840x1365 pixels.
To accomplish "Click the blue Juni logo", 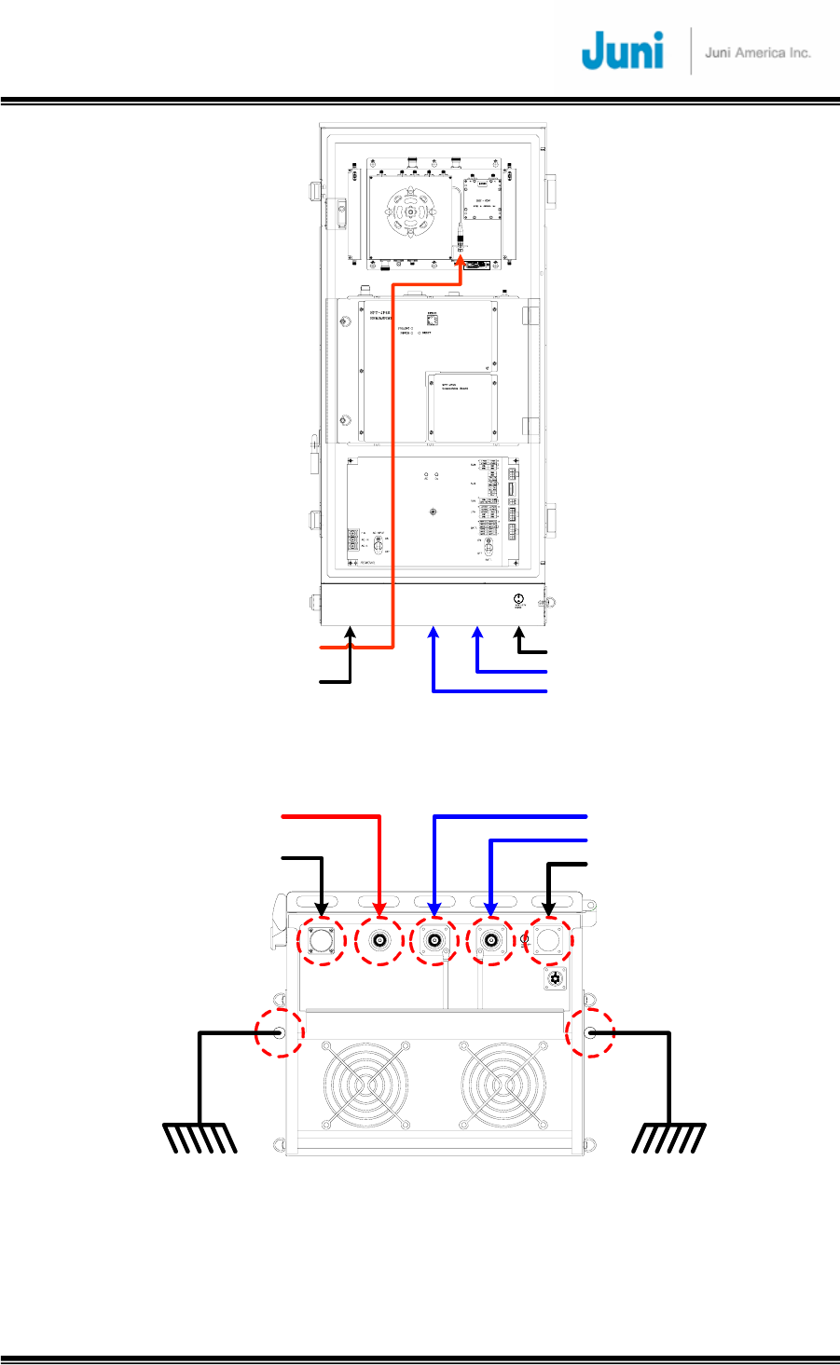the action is click(x=622, y=50).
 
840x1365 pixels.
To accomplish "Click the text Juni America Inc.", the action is click(x=757, y=52).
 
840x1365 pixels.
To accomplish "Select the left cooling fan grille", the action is click(x=366, y=1086).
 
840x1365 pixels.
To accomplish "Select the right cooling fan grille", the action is click(x=503, y=1086).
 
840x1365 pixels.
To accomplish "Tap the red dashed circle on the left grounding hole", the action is click(x=281, y=1032).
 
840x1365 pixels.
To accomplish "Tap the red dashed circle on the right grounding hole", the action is click(x=591, y=1032).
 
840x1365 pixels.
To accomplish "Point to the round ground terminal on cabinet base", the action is click(x=518, y=599).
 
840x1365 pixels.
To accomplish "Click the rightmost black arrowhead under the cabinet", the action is click(x=519, y=634).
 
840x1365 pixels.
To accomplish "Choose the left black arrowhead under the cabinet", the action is click(x=351, y=634).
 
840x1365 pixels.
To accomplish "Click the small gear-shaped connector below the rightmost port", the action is click(x=557, y=978).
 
